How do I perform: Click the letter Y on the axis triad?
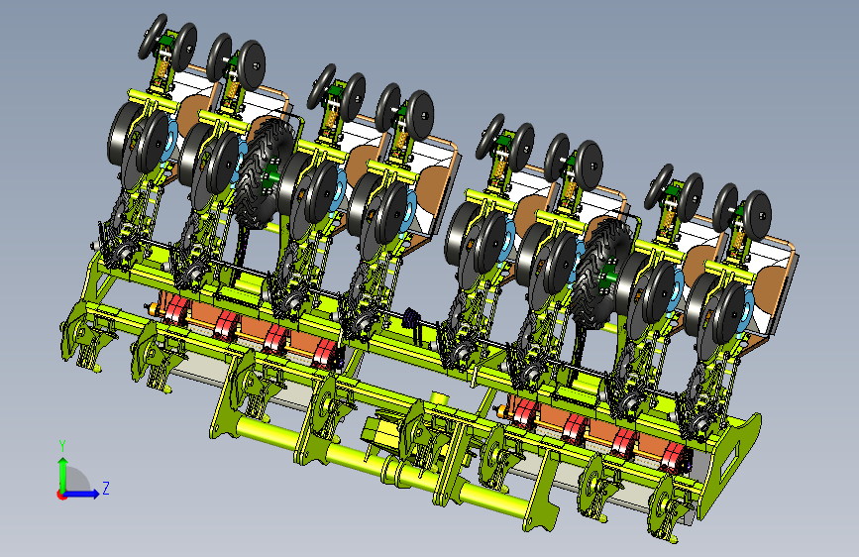pos(62,446)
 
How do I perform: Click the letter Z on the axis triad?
pos(106,488)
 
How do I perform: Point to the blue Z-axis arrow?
pos(81,494)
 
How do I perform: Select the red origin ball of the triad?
pos(60,495)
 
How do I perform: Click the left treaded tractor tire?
pos(265,172)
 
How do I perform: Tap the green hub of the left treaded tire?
pos(269,178)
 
